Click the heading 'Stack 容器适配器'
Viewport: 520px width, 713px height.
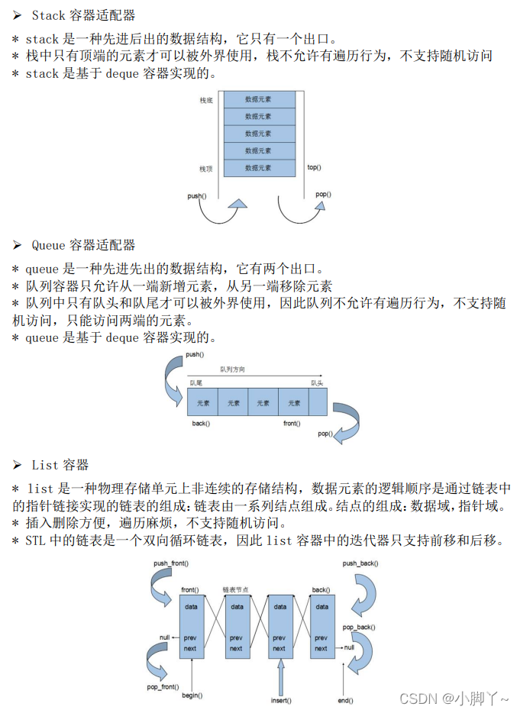pos(84,15)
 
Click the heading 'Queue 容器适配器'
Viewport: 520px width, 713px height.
pos(84,245)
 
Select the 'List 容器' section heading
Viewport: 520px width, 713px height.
pos(60,465)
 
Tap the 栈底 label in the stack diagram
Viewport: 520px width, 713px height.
pos(206,100)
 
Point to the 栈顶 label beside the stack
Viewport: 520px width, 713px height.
pos(206,169)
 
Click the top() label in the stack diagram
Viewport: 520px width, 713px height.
pos(314,167)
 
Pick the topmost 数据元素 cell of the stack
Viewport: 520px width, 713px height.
pos(259,99)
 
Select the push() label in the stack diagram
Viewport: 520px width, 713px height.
pos(196,196)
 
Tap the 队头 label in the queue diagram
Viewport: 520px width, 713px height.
pos(317,382)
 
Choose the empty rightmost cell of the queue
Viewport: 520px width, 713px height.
pos(318,402)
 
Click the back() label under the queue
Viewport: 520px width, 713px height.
pos(201,423)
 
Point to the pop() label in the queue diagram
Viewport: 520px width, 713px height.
pos(325,434)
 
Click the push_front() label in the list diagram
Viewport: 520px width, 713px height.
pos(171,563)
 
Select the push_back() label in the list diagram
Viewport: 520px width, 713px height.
pos(360,563)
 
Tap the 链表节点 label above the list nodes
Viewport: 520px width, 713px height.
pos(237,589)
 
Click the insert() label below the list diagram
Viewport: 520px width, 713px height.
pos(281,700)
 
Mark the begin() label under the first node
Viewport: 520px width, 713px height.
pos(191,696)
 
